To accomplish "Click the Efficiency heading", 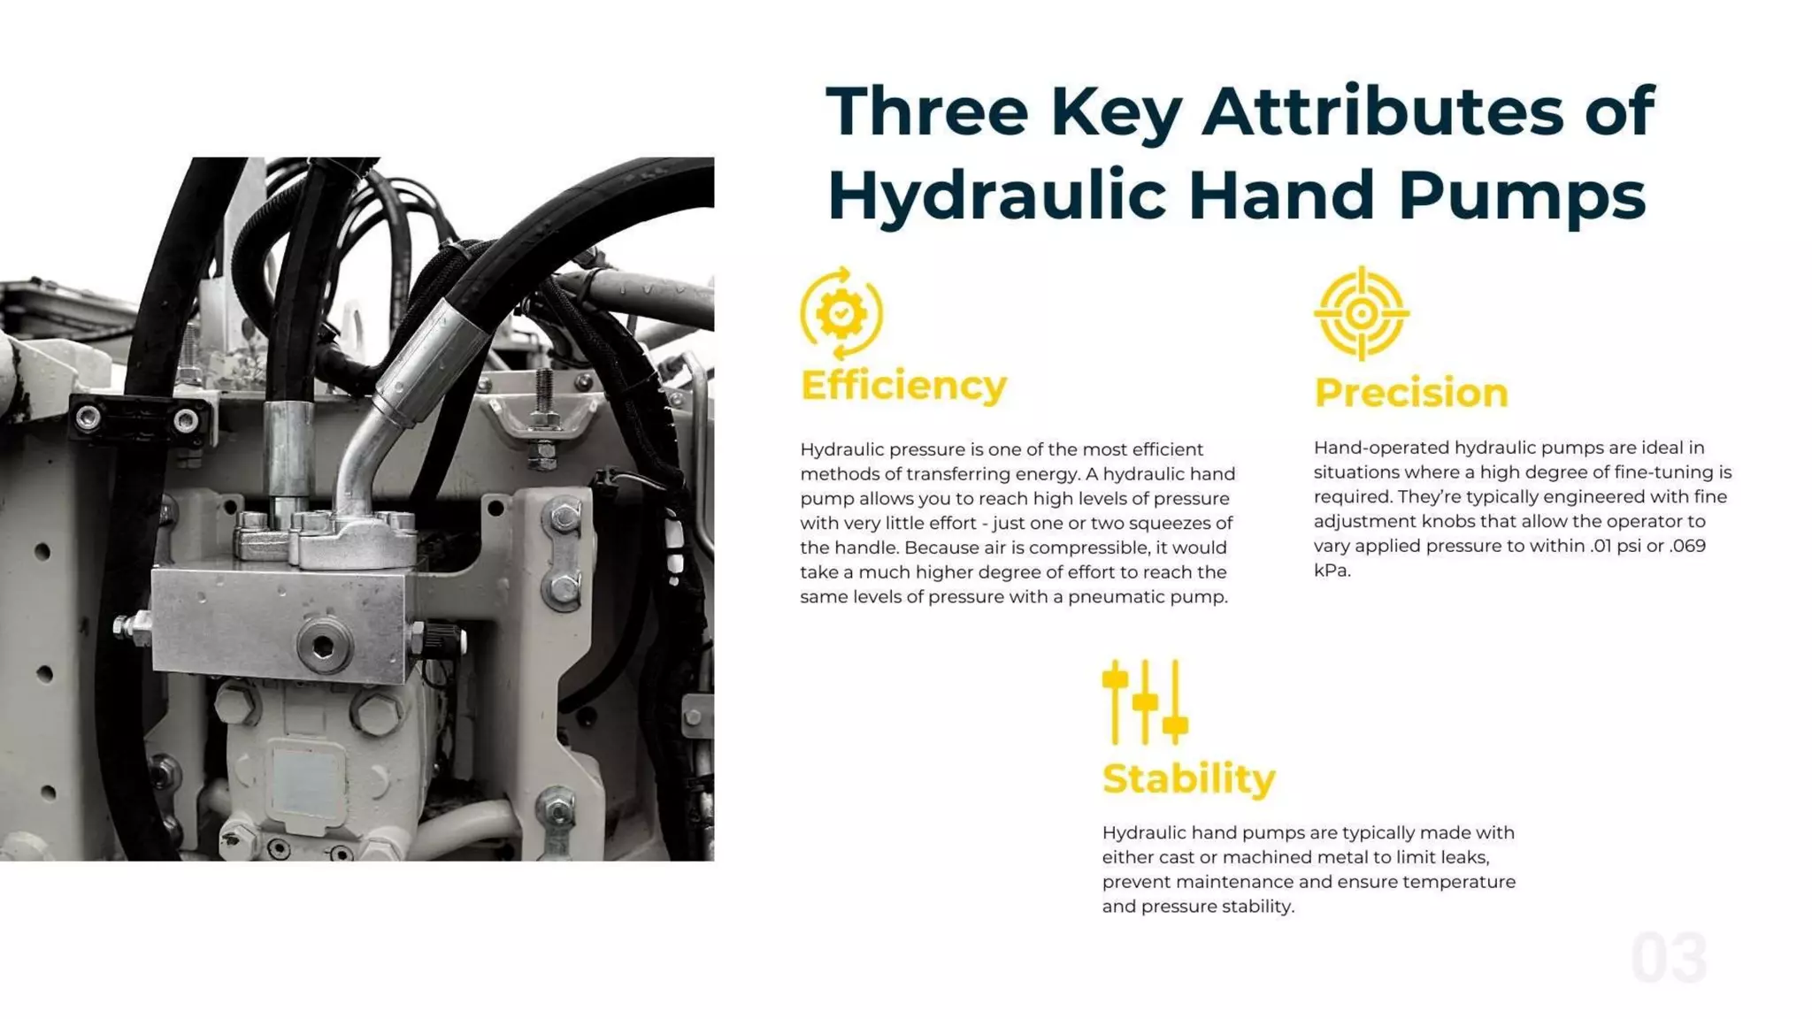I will tap(903, 386).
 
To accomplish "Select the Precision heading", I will tap(1410, 393).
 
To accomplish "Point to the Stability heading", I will tap(1188, 779).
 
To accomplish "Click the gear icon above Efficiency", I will tap(841, 313).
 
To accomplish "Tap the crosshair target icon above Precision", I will tap(1361, 313).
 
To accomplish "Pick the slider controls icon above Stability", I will tap(1145, 702).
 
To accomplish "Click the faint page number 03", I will tap(1669, 958).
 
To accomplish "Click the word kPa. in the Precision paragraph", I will tap(1332, 571).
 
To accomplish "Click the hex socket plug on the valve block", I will tap(323, 647).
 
